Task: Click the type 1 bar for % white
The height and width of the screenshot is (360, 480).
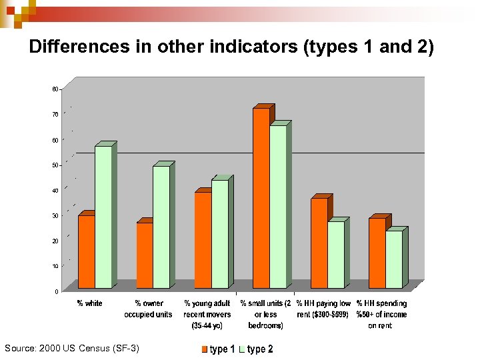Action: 87,251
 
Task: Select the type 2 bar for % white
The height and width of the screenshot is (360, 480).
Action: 103,217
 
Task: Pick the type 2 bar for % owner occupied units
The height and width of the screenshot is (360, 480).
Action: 161,227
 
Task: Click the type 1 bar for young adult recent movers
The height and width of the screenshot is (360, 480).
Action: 203,240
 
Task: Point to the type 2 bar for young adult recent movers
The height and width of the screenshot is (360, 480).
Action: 220,234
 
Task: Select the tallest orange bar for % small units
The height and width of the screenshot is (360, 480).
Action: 261,198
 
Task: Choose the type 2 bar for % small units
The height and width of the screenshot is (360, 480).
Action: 278,207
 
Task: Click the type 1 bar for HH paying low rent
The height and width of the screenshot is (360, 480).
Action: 319,243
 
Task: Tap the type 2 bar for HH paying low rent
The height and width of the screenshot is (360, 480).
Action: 336,255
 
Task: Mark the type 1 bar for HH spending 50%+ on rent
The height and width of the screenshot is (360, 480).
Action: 377,253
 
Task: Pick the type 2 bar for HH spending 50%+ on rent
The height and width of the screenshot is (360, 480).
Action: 394,259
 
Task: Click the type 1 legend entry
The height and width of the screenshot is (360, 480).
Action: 218,349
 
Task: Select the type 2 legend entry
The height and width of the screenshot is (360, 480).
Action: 256,349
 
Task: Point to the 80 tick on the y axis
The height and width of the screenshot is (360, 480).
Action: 54,89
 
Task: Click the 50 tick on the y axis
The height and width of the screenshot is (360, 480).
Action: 54,165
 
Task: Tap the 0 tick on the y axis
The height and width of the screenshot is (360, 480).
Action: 55,291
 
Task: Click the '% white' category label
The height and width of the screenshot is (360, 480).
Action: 89,304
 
